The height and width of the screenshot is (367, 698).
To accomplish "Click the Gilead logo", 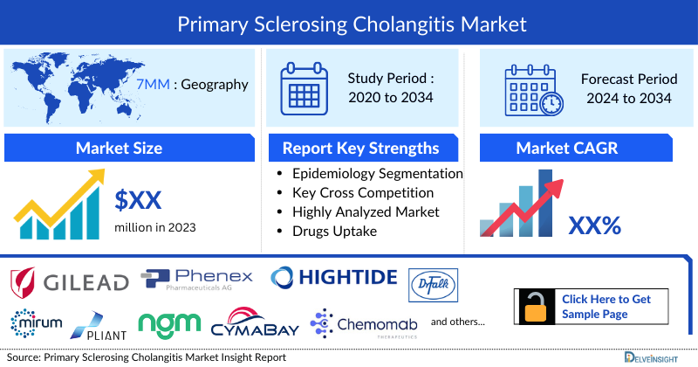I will tap(70, 280).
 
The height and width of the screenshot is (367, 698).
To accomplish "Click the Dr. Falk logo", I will tap(433, 283).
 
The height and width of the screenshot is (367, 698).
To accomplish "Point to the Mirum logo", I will tap(37, 322).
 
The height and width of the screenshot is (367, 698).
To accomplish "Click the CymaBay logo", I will tap(255, 324).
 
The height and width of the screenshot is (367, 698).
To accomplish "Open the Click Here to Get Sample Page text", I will tap(606, 306).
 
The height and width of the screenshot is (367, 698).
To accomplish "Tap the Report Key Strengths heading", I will tap(359, 148).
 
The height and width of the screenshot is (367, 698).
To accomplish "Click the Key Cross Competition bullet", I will tap(363, 192).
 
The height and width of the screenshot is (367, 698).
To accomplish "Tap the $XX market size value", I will tap(138, 201).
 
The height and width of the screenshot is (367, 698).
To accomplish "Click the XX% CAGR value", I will tap(594, 225).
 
